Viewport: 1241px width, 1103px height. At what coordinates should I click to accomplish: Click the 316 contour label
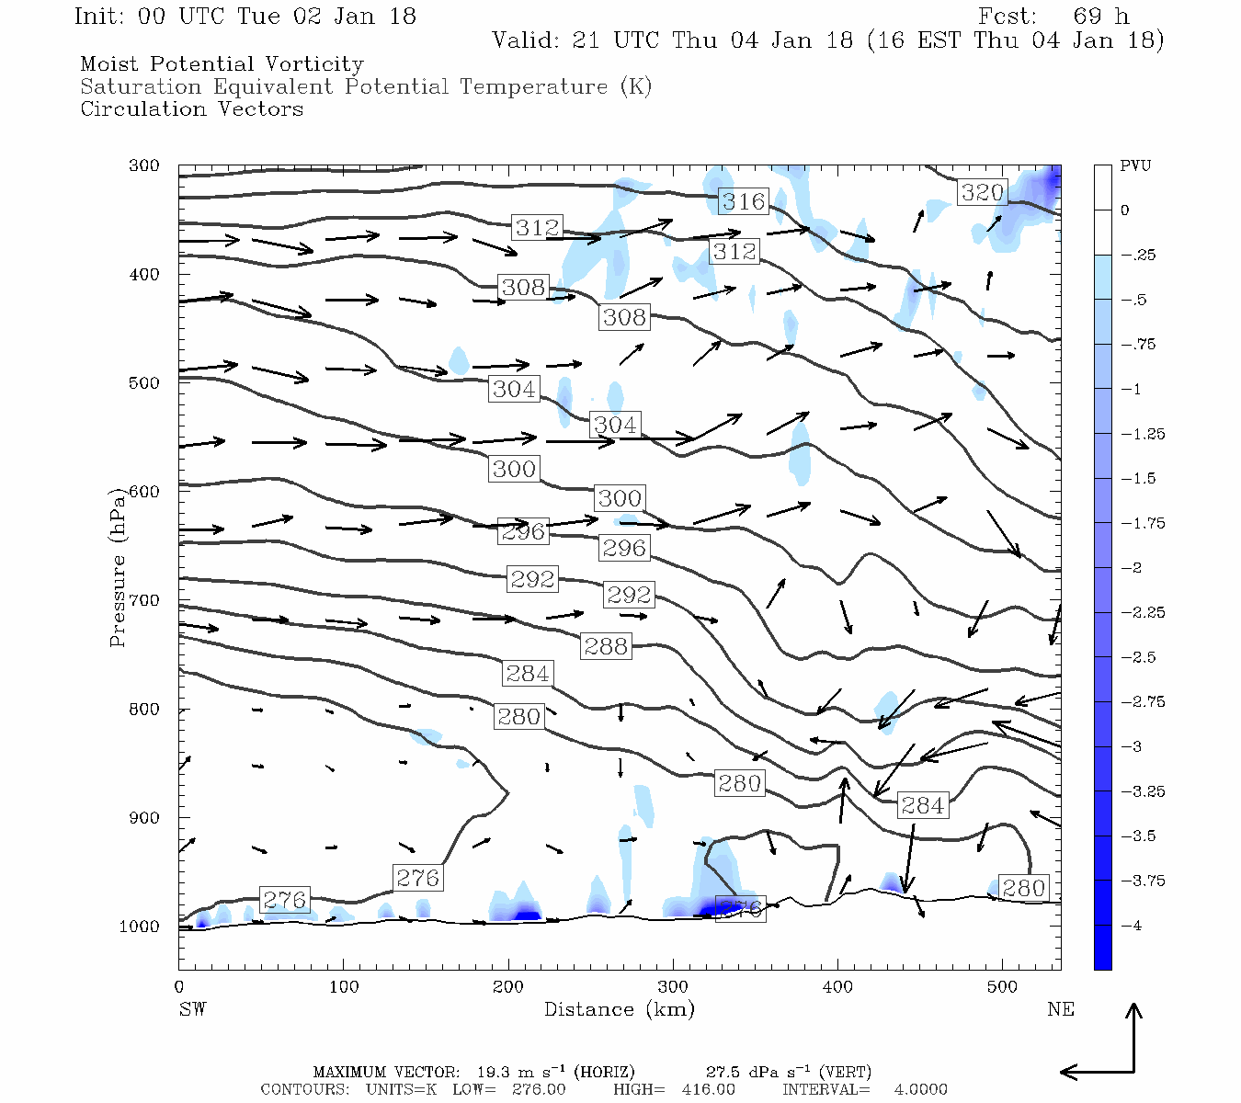(744, 201)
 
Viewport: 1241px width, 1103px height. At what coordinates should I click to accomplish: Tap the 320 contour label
(982, 192)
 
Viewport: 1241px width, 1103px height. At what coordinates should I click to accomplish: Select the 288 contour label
(606, 646)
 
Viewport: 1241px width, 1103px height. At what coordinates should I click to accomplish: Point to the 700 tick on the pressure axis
(143, 600)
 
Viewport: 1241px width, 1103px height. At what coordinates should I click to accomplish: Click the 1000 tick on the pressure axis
(139, 927)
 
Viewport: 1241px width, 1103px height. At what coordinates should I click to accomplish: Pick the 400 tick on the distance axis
(837, 987)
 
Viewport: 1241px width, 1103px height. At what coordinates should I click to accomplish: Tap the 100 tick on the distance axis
(344, 987)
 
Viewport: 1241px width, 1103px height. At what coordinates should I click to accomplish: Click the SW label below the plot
(192, 1009)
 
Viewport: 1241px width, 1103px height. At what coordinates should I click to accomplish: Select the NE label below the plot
(1060, 1009)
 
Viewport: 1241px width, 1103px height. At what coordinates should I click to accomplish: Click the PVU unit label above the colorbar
(1135, 166)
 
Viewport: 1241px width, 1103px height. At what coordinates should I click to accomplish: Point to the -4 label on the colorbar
(1131, 926)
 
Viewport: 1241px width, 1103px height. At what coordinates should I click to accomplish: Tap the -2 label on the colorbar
(1131, 568)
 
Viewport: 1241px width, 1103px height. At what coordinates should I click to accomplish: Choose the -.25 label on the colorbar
(1138, 256)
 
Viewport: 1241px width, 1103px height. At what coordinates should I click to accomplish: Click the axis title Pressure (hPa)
(118, 567)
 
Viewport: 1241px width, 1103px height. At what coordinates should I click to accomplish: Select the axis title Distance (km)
(619, 1009)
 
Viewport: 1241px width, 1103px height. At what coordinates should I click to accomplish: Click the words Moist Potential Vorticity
(222, 64)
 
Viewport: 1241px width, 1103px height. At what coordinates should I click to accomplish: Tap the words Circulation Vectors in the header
(191, 108)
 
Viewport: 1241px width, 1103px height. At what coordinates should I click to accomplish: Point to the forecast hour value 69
(1087, 17)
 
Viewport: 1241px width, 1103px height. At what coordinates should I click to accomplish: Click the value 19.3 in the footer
(494, 1072)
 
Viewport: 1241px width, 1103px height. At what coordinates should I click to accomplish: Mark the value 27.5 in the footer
(723, 1072)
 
